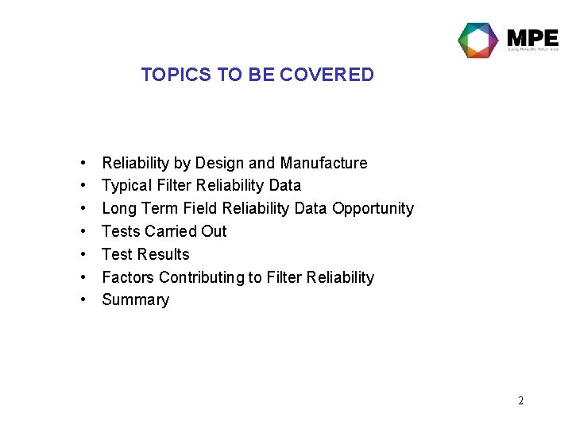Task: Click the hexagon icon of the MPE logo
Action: [477, 40]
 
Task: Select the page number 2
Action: [520, 400]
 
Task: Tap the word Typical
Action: [126, 186]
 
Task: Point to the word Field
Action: [201, 209]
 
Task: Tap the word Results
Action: [163, 254]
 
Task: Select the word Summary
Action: [136, 300]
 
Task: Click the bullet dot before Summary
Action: [83, 300]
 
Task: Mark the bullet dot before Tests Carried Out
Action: [83, 232]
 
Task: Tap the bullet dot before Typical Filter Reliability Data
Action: [83, 186]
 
